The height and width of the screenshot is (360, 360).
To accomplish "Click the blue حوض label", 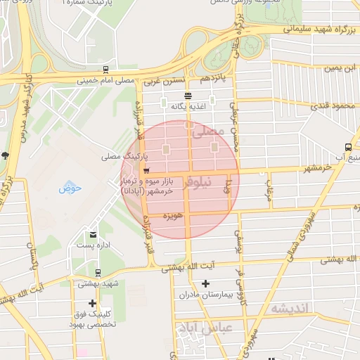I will click(x=70, y=188).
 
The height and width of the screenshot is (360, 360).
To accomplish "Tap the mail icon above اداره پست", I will click(x=93, y=235).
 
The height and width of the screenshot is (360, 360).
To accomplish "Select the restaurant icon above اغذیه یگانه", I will click(x=188, y=96).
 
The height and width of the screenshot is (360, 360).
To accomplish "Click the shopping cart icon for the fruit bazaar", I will click(x=146, y=170).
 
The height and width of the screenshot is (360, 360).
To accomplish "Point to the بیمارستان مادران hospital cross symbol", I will click(x=205, y=284).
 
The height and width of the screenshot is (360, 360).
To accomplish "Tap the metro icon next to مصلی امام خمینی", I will click(x=105, y=70).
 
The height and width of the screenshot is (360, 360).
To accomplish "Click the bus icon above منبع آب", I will click(x=348, y=147).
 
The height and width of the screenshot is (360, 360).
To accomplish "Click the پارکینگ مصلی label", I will click(x=120, y=155).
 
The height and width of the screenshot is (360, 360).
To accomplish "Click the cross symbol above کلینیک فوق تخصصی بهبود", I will click(x=92, y=303).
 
